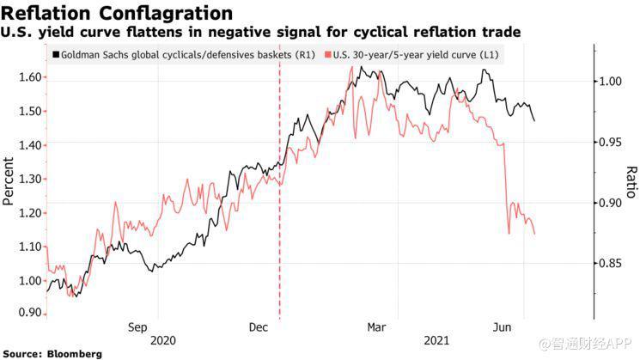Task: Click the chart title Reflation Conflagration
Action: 117,13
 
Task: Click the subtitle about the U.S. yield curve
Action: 262,32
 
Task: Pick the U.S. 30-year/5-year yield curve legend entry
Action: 412,55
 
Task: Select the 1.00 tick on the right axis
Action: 612,82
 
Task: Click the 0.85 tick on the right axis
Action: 612,264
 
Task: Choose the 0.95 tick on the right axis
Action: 612,142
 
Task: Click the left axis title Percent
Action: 9,181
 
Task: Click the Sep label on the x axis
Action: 139,327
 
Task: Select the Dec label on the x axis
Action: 258,327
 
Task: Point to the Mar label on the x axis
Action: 376,327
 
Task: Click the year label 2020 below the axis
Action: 162,340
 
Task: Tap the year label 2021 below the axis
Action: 438,340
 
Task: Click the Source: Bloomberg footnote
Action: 52,353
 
